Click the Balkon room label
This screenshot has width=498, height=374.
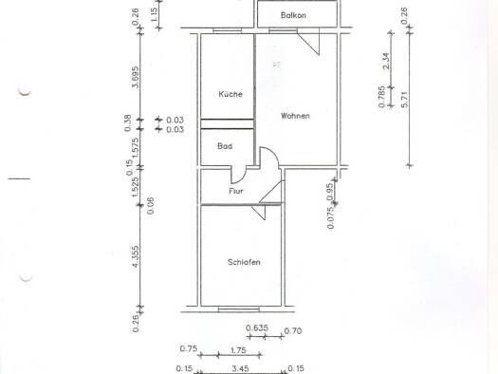click(x=293, y=15)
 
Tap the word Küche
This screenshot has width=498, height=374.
click(x=231, y=94)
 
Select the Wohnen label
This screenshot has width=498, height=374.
click(x=295, y=116)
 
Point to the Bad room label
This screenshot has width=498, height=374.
click(x=225, y=146)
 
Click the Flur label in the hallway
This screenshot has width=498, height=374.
click(x=236, y=191)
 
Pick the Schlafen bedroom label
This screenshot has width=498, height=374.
click(x=244, y=262)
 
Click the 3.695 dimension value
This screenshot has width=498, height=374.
click(x=136, y=77)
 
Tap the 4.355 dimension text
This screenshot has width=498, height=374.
click(x=136, y=256)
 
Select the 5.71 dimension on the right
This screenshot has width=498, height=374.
click(x=404, y=100)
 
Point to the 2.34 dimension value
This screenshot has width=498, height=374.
click(x=386, y=61)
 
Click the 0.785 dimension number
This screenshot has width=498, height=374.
click(x=382, y=97)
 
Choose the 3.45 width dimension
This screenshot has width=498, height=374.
click(x=240, y=369)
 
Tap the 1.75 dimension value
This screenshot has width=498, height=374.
click(x=237, y=350)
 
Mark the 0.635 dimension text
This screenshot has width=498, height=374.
click(x=257, y=327)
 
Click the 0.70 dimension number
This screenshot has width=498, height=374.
click(x=293, y=331)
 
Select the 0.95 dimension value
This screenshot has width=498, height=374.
click(x=330, y=192)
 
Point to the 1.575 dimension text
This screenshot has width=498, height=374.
click(x=136, y=148)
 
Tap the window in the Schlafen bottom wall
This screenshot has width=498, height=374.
click(x=238, y=309)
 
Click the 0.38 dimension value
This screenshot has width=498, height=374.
click(x=127, y=123)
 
